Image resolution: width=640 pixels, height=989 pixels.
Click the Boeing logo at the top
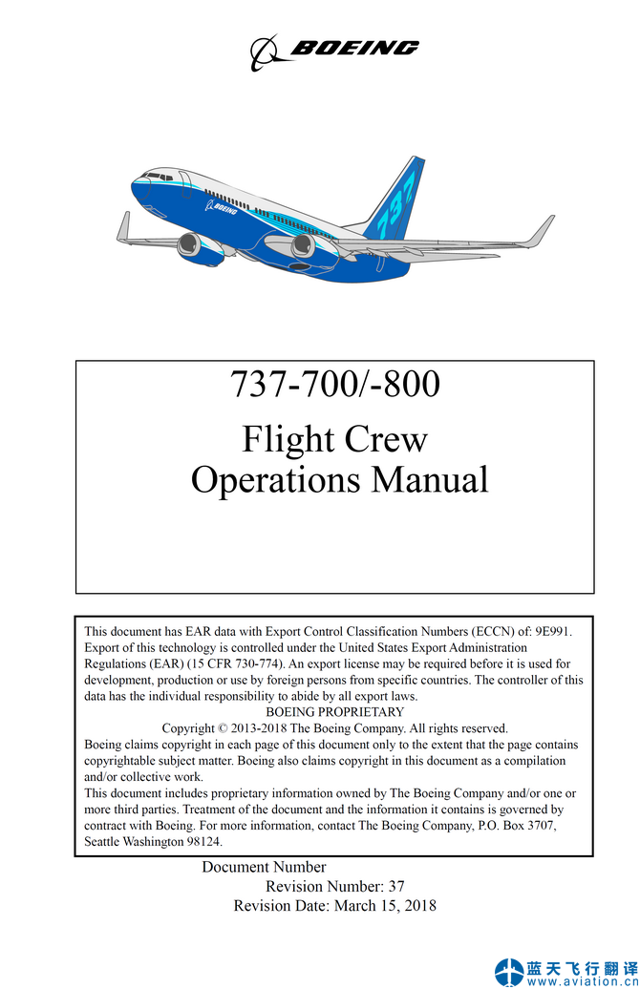coord(334,51)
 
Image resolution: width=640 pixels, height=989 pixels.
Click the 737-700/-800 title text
coord(334,384)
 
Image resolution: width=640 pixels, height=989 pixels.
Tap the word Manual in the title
coord(430,479)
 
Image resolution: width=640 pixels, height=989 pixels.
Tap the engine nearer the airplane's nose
coord(194,247)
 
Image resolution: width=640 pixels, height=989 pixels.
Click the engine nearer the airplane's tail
coord(302,246)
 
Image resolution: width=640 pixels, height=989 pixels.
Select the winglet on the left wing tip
coord(123,227)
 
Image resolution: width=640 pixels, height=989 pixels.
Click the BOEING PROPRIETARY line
coord(334,712)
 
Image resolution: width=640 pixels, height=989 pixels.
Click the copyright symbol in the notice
coord(224,728)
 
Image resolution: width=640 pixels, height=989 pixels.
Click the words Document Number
coord(264,867)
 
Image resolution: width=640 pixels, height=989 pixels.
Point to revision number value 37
coord(396,886)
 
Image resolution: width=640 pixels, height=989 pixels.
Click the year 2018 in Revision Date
coord(419,905)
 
